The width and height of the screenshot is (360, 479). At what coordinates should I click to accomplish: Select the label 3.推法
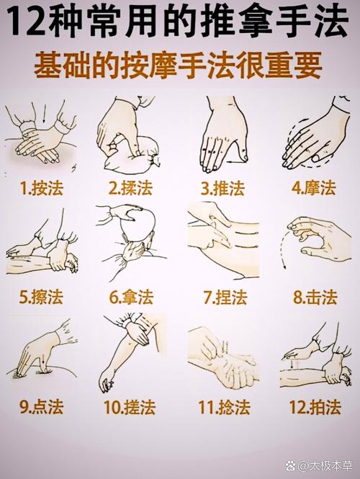[222, 189]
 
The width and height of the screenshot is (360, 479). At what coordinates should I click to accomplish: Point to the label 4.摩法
[314, 189]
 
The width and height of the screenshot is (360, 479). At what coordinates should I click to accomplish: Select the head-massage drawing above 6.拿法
[133, 241]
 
